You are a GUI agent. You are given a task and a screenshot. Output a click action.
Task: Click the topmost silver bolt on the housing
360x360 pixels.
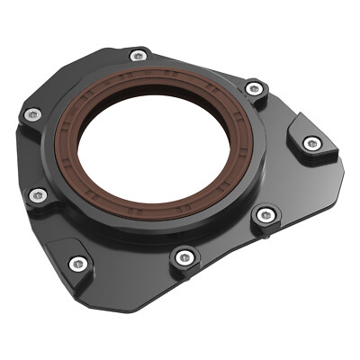point(138,56)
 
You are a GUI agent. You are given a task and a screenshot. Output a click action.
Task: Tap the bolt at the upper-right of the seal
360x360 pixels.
point(255,88)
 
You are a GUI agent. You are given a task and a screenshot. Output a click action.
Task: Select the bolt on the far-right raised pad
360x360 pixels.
point(311,143)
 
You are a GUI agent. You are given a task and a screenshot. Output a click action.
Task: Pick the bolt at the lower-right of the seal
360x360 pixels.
point(265,215)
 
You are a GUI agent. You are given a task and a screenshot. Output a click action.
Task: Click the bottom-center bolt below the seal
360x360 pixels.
point(184,257)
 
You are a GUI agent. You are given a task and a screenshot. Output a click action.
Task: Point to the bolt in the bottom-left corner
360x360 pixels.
point(78,264)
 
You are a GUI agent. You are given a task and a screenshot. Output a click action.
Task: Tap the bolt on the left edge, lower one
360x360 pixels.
point(36,195)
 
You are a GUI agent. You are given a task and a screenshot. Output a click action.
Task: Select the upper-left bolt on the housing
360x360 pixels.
point(33,114)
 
